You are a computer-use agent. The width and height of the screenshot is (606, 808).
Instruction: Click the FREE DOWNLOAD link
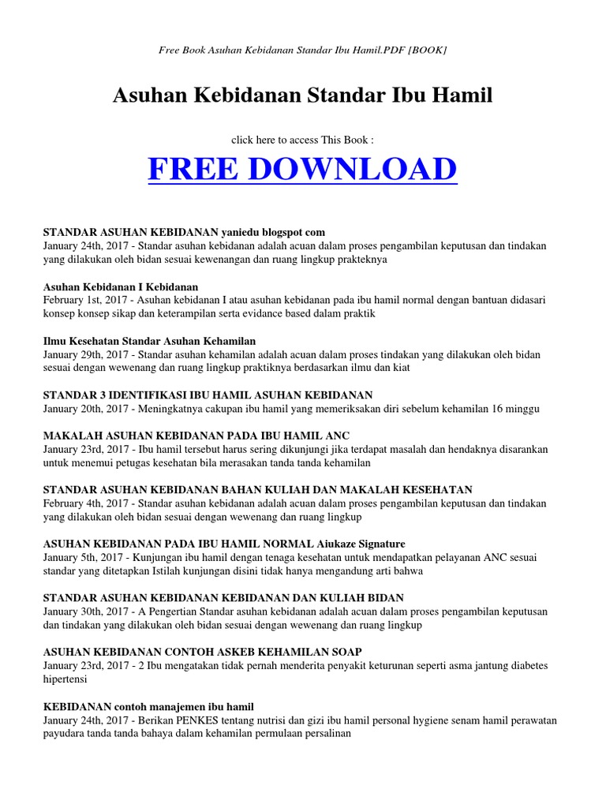point(302,170)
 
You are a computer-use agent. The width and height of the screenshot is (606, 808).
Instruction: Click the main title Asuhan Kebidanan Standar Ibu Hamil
point(302,96)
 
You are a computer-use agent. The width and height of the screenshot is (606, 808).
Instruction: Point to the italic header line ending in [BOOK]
point(302,50)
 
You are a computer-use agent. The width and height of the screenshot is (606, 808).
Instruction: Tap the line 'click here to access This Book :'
point(302,140)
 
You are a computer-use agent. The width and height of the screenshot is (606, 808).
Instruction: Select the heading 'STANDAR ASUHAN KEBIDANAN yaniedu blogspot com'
point(183,233)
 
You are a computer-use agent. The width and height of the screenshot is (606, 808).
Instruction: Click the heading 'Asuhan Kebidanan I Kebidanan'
point(120,286)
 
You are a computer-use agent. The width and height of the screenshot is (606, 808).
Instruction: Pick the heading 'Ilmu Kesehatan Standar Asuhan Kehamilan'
point(149,341)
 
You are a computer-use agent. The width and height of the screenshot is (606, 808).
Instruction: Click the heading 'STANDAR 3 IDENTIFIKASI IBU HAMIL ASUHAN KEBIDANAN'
point(208,395)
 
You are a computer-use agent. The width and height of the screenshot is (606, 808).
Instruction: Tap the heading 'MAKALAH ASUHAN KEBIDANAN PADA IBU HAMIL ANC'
point(196,436)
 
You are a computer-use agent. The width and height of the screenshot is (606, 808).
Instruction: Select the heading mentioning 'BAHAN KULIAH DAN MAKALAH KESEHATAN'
point(257,490)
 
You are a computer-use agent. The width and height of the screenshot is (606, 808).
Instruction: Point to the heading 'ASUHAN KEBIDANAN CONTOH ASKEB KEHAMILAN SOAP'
point(203,652)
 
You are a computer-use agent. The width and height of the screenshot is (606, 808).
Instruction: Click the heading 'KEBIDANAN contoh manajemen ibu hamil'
point(148,706)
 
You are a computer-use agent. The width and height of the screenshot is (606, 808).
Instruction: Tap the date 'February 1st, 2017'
point(83,301)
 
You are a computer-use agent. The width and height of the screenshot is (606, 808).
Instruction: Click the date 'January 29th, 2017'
point(83,355)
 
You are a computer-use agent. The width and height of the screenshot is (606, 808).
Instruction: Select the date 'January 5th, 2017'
point(80,558)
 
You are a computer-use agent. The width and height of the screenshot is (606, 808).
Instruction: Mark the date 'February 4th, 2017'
point(83,503)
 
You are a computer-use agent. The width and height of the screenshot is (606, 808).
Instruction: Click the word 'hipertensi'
point(65,679)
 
